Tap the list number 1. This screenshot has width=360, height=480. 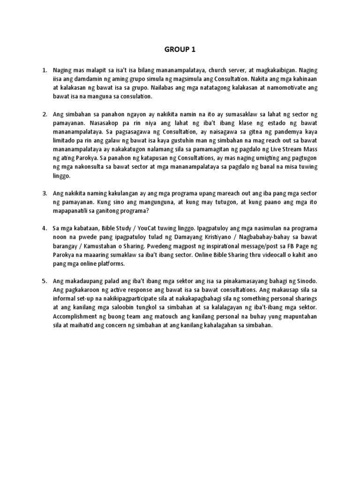tap(45, 70)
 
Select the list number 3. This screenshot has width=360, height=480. tap(45, 193)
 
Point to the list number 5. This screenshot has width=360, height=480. tap(45, 281)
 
